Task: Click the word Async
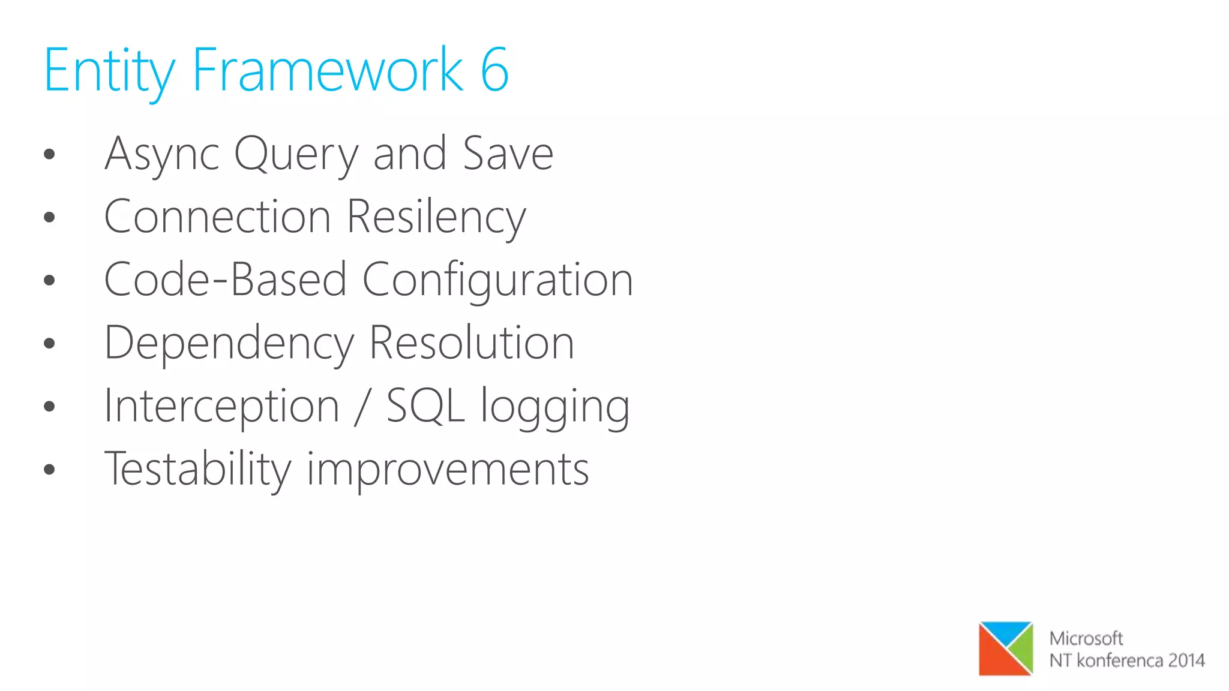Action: [x=162, y=155]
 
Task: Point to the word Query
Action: [x=296, y=155]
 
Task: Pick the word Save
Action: [x=508, y=154]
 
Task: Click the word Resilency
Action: [x=436, y=217]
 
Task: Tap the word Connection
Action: [x=217, y=217]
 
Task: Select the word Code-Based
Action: [x=225, y=280]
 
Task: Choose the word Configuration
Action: [x=497, y=281]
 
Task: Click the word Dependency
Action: [x=229, y=344]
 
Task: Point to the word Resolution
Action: [x=472, y=343]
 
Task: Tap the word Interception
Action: [x=221, y=407]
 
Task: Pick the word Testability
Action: [x=198, y=470]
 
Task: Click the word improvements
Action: [x=448, y=470]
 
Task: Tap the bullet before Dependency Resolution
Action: [x=49, y=344]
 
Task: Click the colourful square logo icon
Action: [x=1006, y=648]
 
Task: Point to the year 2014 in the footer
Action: [x=1186, y=660]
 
